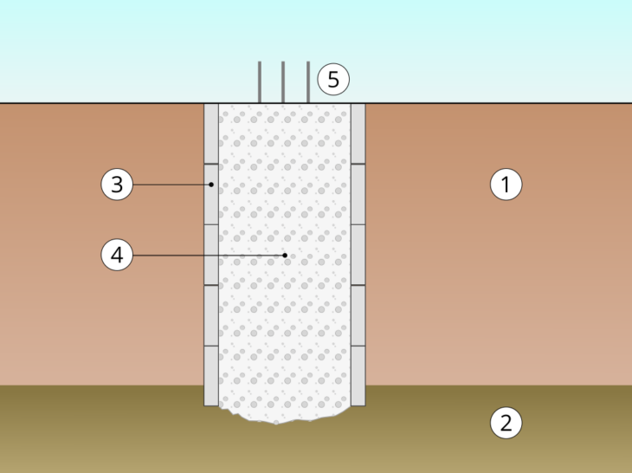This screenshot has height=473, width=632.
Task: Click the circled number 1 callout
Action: click(x=506, y=185)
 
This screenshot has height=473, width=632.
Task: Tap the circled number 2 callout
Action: click(x=506, y=424)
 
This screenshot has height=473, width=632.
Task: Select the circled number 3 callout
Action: click(x=117, y=185)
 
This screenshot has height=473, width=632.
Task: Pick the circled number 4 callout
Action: click(x=117, y=256)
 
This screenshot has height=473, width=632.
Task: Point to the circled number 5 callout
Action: click(x=332, y=80)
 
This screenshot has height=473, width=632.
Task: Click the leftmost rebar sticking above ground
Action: click(x=260, y=83)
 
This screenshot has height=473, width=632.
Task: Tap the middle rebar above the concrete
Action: click(x=284, y=83)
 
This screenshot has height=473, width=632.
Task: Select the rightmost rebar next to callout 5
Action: click(x=308, y=83)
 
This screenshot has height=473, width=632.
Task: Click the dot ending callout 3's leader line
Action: click(x=211, y=185)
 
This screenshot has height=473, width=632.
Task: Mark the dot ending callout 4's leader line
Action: click(x=285, y=256)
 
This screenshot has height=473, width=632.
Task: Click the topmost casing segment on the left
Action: click(x=211, y=133)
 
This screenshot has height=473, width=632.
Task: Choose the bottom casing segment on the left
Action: click(x=211, y=375)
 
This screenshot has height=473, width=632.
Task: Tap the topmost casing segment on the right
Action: click(x=358, y=133)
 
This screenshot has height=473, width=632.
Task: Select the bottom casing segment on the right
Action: click(x=358, y=375)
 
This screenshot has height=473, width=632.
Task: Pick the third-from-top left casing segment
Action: click(x=211, y=254)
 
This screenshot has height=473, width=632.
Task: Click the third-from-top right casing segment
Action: click(x=358, y=254)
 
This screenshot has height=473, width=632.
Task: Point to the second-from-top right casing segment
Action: click(x=358, y=194)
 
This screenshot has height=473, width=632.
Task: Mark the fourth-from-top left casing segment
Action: click(x=211, y=314)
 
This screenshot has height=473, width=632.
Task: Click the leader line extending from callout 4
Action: click(x=208, y=256)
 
